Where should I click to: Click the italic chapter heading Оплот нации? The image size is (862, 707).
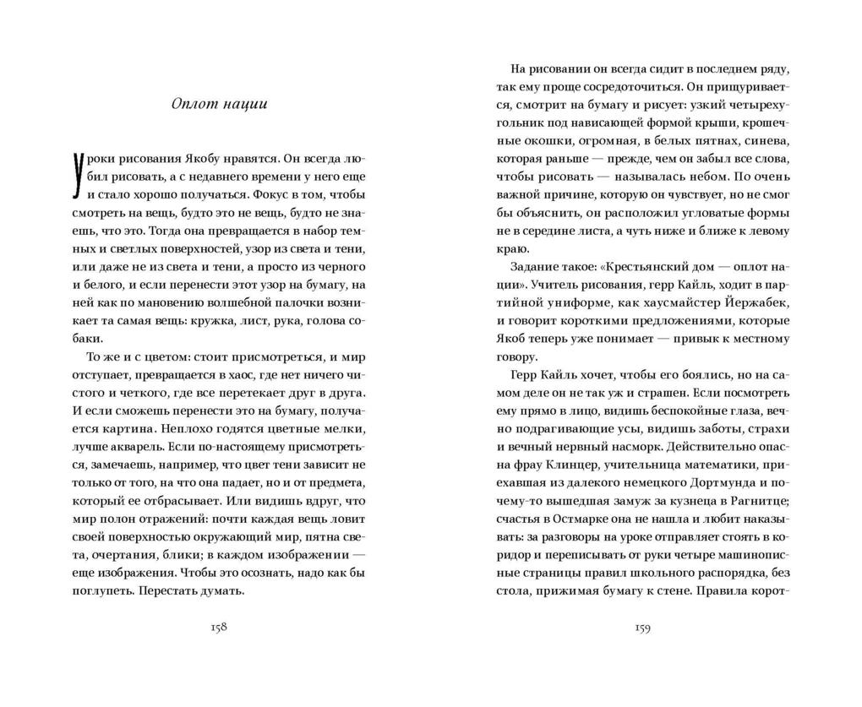coord(218,105)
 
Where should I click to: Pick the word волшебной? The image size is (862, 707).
coord(235,304)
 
